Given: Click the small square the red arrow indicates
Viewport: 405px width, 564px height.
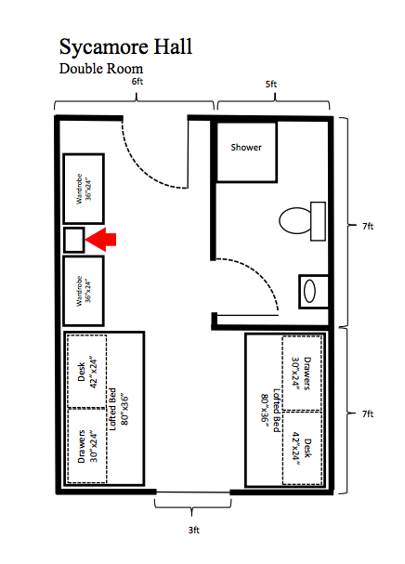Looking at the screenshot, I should coord(74,239).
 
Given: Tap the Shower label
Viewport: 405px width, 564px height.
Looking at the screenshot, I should coord(246,147).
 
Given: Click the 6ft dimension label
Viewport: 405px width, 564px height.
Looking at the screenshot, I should coord(137,83).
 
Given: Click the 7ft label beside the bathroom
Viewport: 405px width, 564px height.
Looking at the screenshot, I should coord(368,225).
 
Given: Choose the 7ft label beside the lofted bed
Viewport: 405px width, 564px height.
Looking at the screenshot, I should coord(368,413).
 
